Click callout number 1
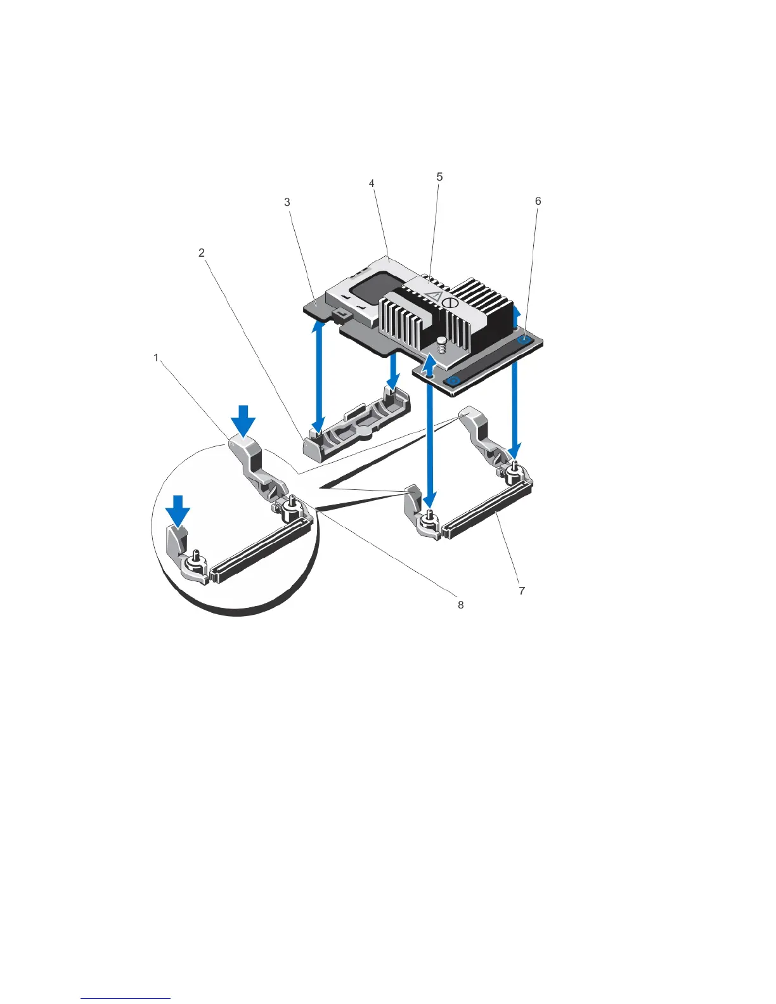click(157, 358)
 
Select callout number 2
click(202, 253)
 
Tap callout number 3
click(287, 202)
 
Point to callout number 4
click(372, 183)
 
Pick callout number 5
click(439, 177)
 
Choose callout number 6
click(538, 202)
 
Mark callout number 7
click(522, 591)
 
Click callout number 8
click(461, 605)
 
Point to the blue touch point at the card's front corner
click(453, 381)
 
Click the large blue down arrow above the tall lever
click(243, 421)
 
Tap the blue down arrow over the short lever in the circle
click(179, 509)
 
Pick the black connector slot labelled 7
click(485, 513)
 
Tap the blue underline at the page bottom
click(126, 999)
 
